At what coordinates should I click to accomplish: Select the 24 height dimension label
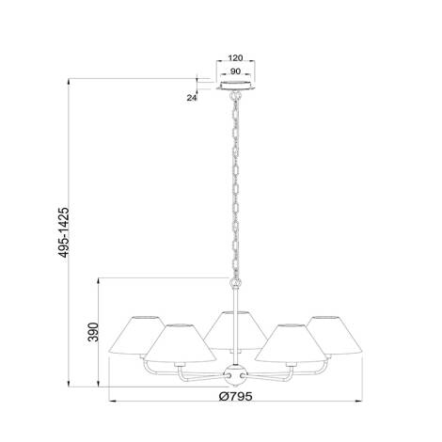click(192, 96)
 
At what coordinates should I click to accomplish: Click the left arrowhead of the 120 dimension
click(217, 65)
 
